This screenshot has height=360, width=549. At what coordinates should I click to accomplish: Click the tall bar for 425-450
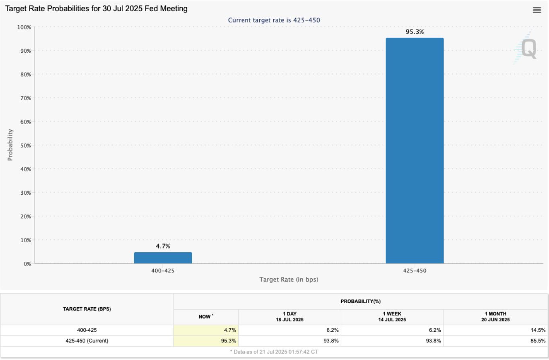pyautogui.click(x=415, y=150)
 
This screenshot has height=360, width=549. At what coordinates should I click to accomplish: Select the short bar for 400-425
pyautogui.click(x=163, y=258)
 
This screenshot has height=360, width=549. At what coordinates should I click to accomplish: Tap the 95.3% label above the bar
pyautogui.click(x=415, y=32)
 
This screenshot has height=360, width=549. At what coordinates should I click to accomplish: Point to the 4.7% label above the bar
pyautogui.click(x=163, y=246)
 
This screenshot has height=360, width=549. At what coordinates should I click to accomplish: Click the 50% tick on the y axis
pyautogui.click(x=25, y=146)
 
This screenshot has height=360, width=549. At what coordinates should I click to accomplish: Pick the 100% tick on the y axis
pyautogui.click(x=24, y=27)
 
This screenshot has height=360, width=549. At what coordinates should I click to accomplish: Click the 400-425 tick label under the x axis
pyautogui.click(x=163, y=271)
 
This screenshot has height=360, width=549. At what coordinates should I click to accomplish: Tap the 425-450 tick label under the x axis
pyautogui.click(x=415, y=271)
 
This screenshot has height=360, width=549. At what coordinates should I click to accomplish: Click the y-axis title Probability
pyautogui.click(x=10, y=145)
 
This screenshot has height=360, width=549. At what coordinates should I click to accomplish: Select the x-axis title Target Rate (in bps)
pyautogui.click(x=289, y=280)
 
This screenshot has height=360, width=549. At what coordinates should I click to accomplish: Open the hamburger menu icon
pyautogui.click(x=537, y=10)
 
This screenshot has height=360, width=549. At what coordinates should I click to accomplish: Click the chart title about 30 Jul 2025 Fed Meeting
pyautogui.click(x=96, y=8)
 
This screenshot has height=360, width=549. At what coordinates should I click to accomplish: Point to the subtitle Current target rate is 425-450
pyautogui.click(x=274, y=20)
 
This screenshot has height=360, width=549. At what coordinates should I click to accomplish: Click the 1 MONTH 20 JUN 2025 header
pyautogui.click(x=495, y=317)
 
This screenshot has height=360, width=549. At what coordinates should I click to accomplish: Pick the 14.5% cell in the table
pyautogui.click(x=538, y=330)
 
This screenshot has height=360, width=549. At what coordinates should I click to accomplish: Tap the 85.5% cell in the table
pyautogui.click(x=538, y=341)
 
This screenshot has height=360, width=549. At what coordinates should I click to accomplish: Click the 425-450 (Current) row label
pyautogui.click(x=87, y=341)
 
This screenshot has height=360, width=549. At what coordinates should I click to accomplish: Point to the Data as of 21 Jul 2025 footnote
pyautogui.click(x=274, y=352)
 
